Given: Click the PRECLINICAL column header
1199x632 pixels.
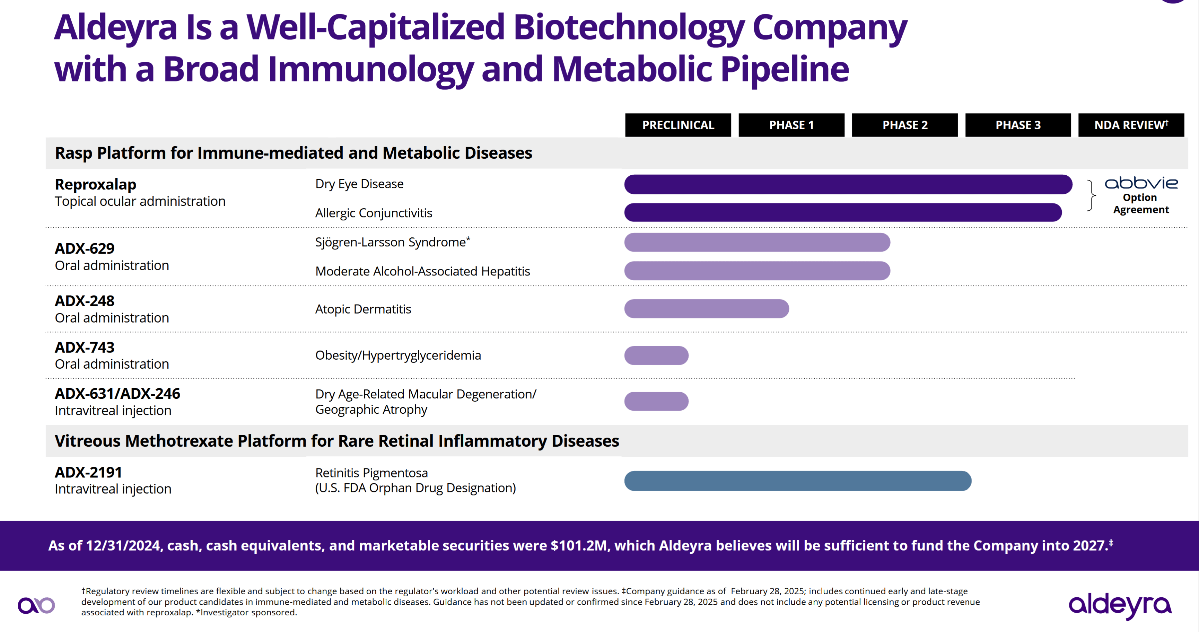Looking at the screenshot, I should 678,125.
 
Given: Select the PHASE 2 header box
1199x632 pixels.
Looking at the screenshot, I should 904,125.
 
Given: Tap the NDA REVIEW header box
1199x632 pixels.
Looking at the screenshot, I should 1131,125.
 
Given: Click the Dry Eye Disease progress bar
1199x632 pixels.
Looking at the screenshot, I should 848,184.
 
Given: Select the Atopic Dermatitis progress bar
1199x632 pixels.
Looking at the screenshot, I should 706,309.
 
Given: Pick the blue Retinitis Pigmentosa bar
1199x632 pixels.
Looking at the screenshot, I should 797,481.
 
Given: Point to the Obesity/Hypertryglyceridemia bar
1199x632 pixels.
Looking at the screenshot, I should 656,355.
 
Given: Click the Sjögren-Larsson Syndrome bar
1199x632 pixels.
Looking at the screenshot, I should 757,242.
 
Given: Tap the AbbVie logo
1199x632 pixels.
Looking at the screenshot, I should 1141,183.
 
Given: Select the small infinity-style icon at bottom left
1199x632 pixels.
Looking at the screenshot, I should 36,605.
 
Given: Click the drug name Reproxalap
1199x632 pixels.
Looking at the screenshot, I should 95,184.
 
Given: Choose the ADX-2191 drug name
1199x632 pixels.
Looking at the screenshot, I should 88,472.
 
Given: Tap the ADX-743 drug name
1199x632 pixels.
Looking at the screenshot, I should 85,347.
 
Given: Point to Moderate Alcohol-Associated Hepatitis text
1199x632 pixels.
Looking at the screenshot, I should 422,271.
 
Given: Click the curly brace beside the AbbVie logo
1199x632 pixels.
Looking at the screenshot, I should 1091,195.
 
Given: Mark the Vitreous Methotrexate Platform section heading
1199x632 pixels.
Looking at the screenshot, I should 336,441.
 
